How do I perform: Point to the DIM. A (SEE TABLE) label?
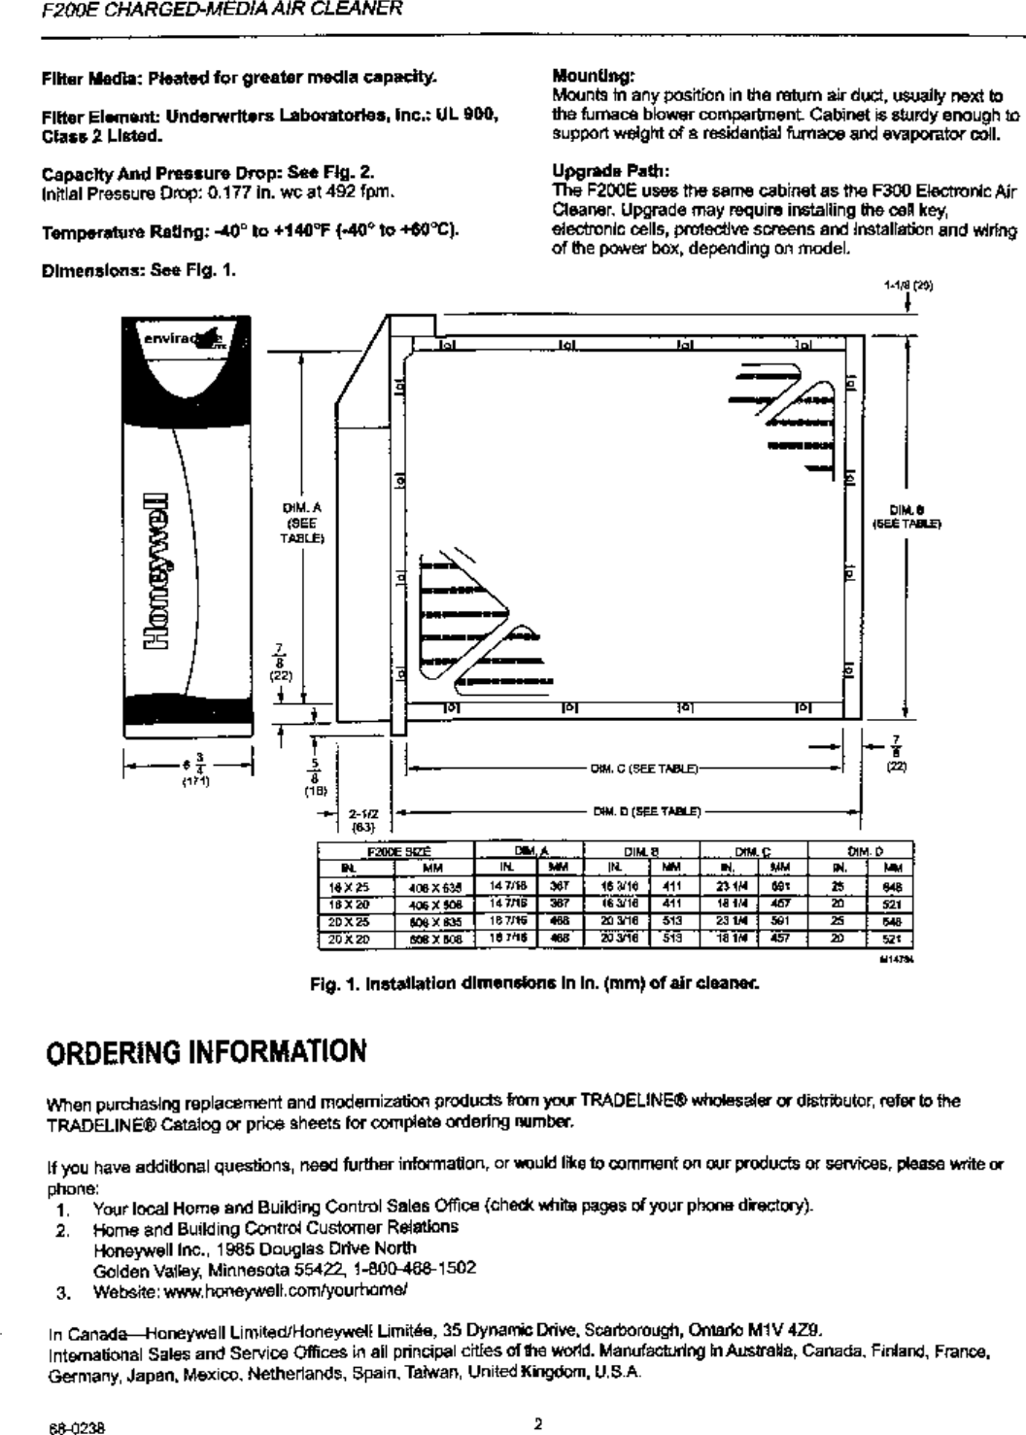coord(295,522)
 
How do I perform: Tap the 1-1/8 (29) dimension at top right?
coord(907,287)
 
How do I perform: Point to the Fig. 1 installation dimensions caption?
coord(532,981)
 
